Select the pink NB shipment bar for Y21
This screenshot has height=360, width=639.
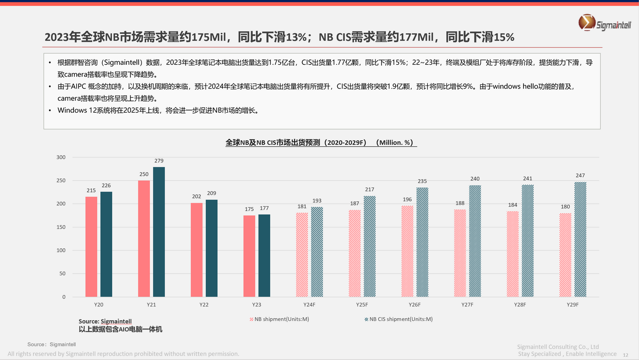(144, 239)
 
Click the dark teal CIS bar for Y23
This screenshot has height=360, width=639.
(264, 256)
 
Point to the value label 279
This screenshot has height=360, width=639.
(159, 161)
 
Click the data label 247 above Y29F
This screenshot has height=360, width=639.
(580, 175)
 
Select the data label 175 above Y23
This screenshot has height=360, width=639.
(249, 209)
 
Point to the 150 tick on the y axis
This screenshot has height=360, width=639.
(61, 227)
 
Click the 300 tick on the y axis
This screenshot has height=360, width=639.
(61, 157)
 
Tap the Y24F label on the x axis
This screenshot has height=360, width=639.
(309, 305)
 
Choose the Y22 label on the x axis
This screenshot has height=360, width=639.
(204, 305)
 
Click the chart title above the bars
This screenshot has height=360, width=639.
(321, 142)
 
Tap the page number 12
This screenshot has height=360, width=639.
(625, 355)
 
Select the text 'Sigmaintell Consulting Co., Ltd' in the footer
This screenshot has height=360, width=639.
(558, 347)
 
